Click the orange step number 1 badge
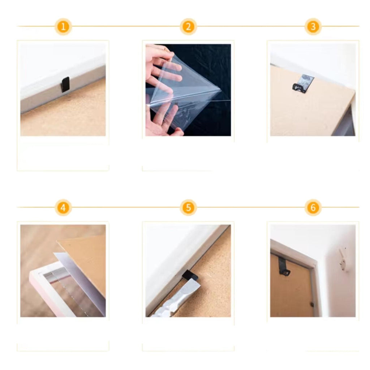(63, 26)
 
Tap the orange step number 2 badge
(188, 26)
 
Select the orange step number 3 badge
(313, 26)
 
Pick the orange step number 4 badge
(63, 207)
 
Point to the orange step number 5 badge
(188, 207)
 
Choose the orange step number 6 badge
(313, 207)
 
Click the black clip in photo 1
(65, 84)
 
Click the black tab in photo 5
(190, 275)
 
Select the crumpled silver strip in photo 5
(176, 298)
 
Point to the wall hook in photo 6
(343, 259)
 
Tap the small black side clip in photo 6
(312, 305)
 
